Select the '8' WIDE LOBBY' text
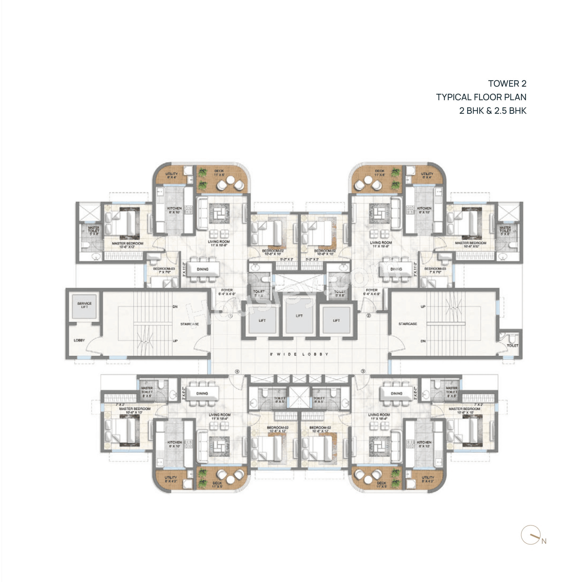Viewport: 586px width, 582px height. [299, 354]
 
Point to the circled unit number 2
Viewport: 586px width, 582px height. [369, 315]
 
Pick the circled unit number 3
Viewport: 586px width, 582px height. [363, 371]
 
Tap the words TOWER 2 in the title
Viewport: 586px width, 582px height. [507, 83]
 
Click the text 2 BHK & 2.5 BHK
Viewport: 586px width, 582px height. [492, 111]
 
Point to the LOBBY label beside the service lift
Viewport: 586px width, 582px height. [79, 340]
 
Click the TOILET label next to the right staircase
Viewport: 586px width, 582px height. [513, 345]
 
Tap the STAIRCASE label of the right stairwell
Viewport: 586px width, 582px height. [408, 324]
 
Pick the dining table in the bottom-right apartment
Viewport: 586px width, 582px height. [396, 394]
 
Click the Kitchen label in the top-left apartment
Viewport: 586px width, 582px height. [175, 210]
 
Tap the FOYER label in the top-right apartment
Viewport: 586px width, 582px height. [372, 292]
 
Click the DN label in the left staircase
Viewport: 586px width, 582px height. [175, 307]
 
